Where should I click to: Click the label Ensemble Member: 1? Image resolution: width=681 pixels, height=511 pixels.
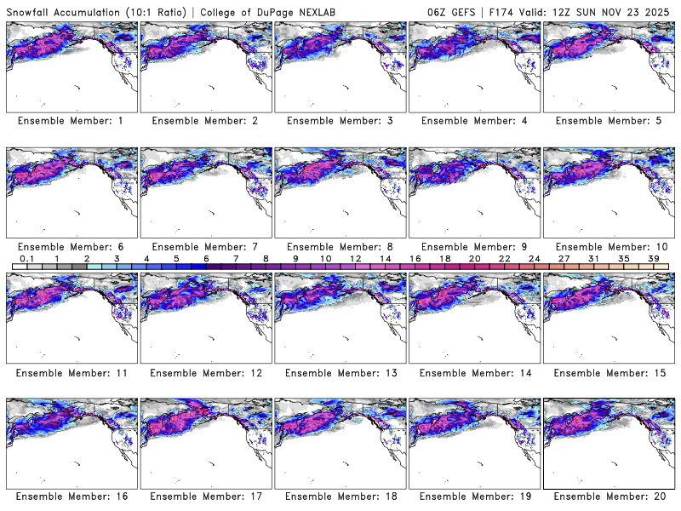point(70,121)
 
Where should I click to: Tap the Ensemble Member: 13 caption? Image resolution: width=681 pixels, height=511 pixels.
point(339,373)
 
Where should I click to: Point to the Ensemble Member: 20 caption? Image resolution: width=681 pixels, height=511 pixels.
point(607,497)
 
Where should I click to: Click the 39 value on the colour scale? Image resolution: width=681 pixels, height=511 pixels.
point(653,258)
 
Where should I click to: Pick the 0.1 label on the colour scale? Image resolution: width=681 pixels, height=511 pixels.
point(27,258)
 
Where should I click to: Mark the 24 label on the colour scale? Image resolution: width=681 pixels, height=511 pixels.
point(534,258)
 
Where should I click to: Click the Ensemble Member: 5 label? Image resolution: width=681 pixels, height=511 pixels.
point(607,121)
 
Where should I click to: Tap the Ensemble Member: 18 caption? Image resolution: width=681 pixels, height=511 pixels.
point(339,497)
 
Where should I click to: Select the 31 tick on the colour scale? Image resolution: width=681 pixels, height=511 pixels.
point(593,258)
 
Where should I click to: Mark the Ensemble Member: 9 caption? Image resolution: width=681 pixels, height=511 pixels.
point(472,246)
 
